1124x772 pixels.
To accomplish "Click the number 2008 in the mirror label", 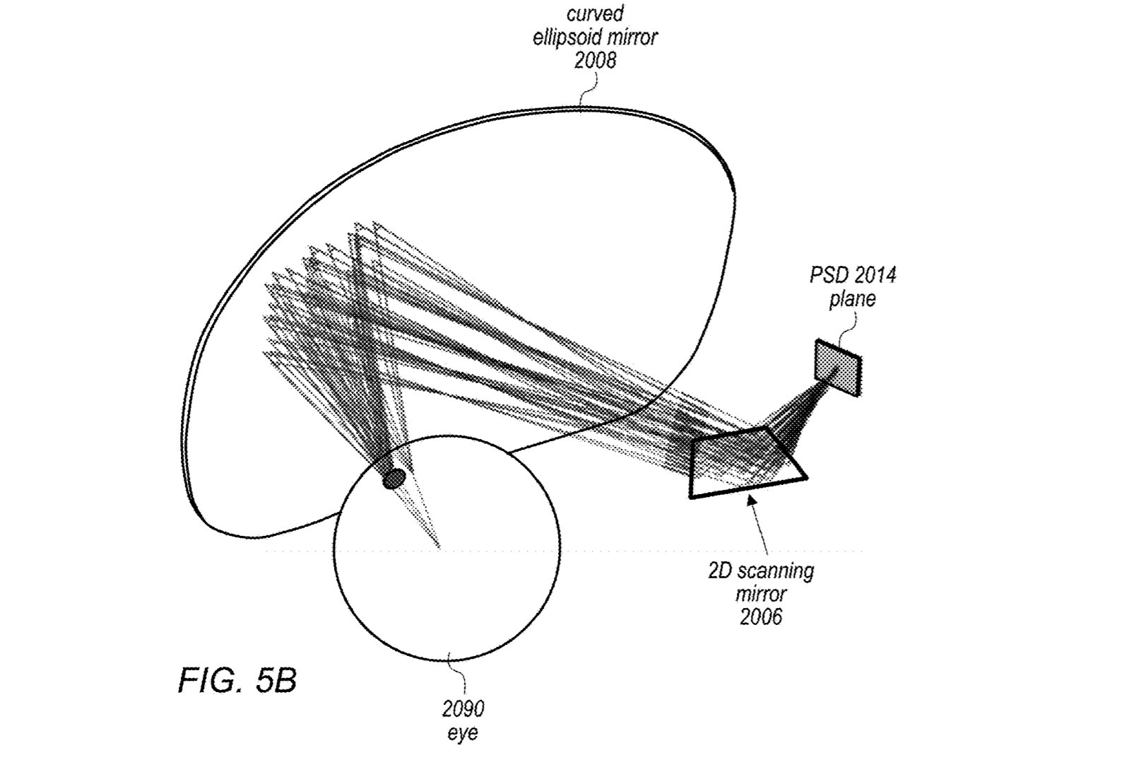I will click(x=595, y=61).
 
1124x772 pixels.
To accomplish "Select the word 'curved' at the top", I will click(x=595, y=14).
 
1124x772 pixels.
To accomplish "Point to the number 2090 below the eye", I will click(x=463, y=708).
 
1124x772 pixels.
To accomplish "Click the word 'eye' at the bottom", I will click(x=463, y=732).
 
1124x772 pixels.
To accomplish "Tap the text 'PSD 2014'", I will click(x=852, y=275).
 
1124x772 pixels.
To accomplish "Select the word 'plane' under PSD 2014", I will click(x=852, y=299).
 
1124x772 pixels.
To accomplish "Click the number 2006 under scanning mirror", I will click(x=761, y=617).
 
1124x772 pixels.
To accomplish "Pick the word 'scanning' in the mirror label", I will click(x=779, y=570).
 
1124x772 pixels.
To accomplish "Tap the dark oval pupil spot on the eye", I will click(x=394, y=479).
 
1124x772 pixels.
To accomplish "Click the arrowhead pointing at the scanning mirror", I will click(x=752, y=501).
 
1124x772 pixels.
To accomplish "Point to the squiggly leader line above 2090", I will click(x=459, y=676).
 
